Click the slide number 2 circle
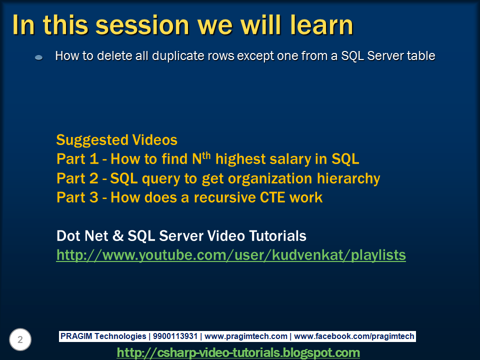pos(20,340)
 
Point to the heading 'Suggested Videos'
pos(116,139)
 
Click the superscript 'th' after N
pos(207,155)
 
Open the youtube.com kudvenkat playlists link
pos(231,255)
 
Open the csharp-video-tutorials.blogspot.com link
pos(238,352)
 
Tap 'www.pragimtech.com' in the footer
pos(246,336)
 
